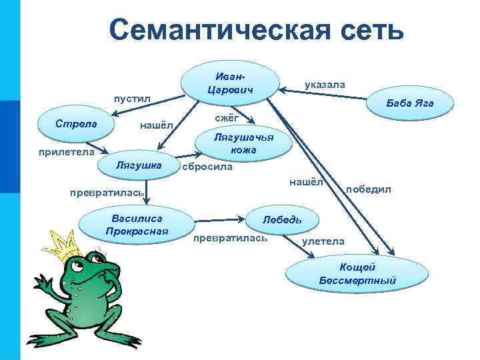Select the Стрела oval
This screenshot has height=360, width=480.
77,125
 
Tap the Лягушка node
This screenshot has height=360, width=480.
139,165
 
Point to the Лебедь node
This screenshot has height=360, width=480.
282,219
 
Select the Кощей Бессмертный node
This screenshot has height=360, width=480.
357,274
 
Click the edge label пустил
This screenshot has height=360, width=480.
131,99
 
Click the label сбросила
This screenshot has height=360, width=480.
207,167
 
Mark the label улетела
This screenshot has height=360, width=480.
323,241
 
